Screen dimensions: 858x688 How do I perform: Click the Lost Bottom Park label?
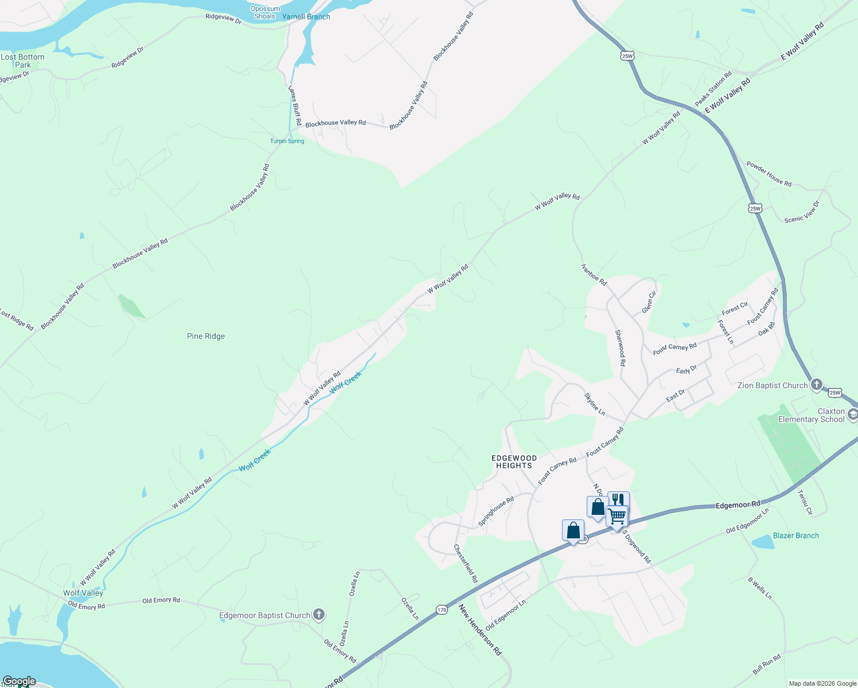pyautogui.click(x=23, y=61)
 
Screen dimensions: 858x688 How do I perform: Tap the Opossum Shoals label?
pyautogui.click(x=265, y=13)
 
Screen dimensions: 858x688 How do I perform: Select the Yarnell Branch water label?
pyautogui.click(x=306, y=17)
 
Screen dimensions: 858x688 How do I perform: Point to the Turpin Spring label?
pyautogui.click(x=287, y=141)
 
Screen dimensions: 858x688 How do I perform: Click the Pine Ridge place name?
pyautogui.click(x=206, y=337)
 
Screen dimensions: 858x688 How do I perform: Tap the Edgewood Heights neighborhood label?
pyautogui.click(x=514, y=462)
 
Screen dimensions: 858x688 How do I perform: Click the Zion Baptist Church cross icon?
pyautogui.click(x=817, y=385)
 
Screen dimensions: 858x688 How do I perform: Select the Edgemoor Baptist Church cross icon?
pyautogui.click(x=319, y=615)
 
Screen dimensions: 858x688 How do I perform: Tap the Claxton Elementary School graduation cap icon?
pyautogui.click(x=853, y=415)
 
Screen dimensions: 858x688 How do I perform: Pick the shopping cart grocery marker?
pyautogui.click(x=617, y=517)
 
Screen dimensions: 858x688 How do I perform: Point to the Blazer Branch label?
pyautogui.click(x=795, y=535)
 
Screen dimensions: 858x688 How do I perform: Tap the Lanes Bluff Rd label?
pyautogui.click(x=295, y=106)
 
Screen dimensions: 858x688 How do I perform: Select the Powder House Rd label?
pyautogui.click(x=769, y=174)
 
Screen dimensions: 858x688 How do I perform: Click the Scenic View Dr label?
pyautogui.click(x=802, y=212)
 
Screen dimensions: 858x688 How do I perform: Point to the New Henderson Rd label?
pyautogui.click(x=480, y=630)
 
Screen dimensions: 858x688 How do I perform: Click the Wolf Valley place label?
pyautogui.click(x=83, y=593)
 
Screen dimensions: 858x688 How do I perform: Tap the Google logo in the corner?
pyautogui.click(x=19, y=681)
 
